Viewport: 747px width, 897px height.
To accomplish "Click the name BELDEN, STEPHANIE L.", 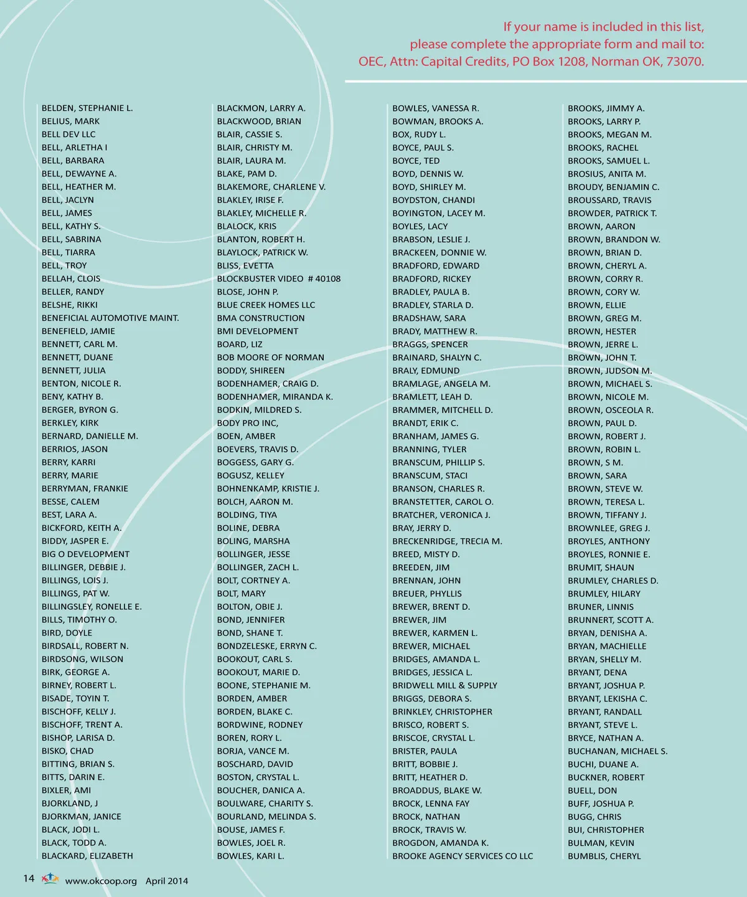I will coord(87,108).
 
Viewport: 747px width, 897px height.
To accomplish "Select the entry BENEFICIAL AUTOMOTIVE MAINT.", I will coord(110,318).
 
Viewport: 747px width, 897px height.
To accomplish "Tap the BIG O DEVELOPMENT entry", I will coord(85,554).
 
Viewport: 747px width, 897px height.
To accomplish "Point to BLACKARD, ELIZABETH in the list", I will coord(87,856).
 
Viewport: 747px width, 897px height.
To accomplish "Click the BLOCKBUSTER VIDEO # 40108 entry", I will coord(279,279).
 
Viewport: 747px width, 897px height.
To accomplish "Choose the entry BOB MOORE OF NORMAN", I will coord(271,358).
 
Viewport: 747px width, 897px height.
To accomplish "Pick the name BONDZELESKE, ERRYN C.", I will coord(267,646).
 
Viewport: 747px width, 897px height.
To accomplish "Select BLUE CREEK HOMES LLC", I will coord(266,305).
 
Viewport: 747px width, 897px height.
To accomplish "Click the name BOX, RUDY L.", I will coord(419,135).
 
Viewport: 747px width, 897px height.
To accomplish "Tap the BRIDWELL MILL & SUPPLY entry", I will coord(444,685).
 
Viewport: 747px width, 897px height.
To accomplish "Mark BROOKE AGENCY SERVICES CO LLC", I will coord(463,856).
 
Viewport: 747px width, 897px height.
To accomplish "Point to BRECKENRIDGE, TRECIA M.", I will coord(447,541).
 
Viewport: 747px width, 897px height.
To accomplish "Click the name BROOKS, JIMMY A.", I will coord(606,108).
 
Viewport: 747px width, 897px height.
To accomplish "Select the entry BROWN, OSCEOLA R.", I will coord(611,410).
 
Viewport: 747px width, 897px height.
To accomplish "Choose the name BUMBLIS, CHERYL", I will coord(604,856).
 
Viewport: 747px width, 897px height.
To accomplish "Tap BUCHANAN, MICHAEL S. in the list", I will coord(618,751).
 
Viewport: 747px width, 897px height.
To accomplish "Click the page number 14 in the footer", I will coord(29,878).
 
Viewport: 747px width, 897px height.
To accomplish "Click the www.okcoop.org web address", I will coord(101,881).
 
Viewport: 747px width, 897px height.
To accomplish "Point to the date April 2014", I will coord(167,881).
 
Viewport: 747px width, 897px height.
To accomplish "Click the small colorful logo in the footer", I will coord(50,879).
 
